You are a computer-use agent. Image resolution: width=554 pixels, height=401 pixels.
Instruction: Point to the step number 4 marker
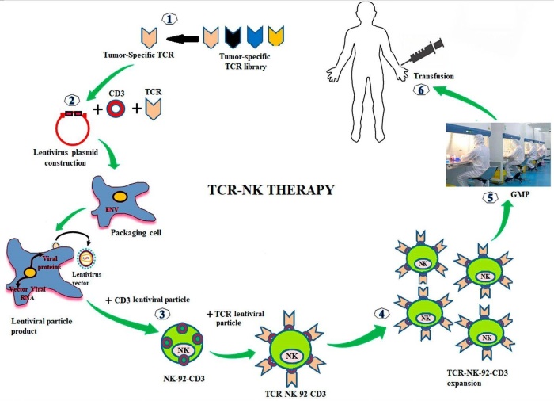(x=381, y=312)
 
